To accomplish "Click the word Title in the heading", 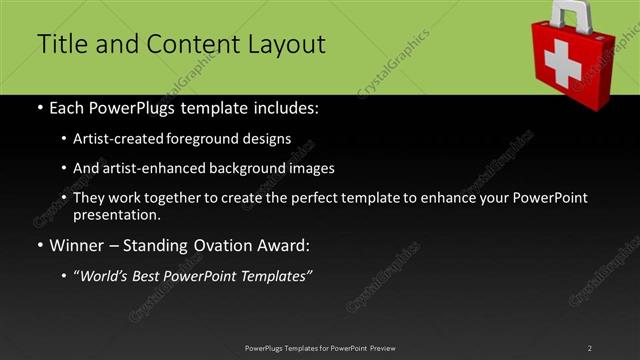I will [x=61, y=45].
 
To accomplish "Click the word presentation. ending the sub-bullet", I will [x=117, y=214].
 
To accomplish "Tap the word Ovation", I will [x=213, y=244].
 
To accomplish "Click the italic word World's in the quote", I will [x=109, y=275].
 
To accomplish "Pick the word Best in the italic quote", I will [x=156, y=275].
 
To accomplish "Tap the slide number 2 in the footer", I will [x=590, y=347].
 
